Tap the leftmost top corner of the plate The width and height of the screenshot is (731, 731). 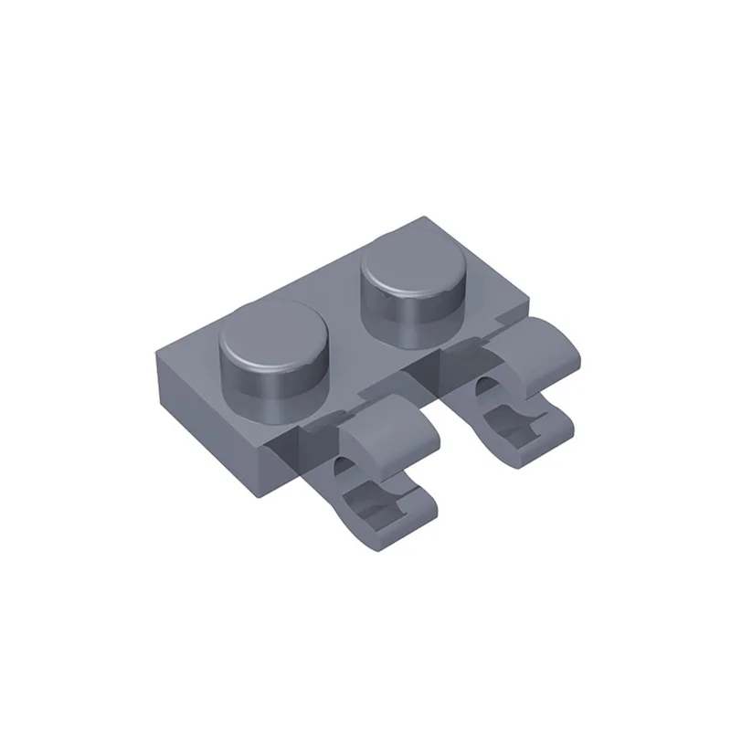pos(158,340)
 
